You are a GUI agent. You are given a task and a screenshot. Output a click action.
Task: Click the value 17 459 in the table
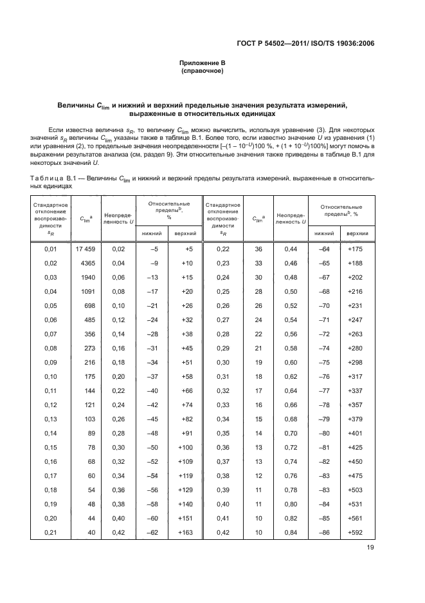coord(86,249)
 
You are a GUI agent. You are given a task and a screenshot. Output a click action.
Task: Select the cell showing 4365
coord(88,263)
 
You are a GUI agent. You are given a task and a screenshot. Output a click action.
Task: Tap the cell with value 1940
coord(88,277)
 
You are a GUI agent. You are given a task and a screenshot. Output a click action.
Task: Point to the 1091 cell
coord(88,291)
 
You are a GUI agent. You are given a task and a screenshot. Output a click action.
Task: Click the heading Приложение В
coord(203,63)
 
